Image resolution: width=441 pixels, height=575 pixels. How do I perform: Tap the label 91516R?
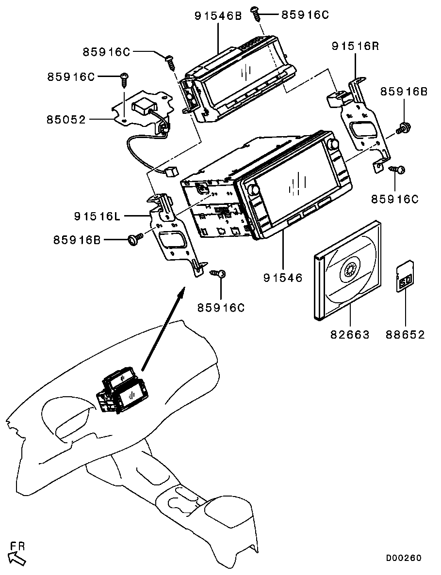(x=355, y=47)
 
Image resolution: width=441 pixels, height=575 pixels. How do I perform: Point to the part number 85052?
(x=66, y=119)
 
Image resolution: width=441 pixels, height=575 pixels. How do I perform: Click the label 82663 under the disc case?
(x=350, y=334)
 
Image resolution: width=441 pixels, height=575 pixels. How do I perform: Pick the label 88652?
(x=405, y=334)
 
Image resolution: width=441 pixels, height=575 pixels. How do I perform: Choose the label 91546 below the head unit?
(x=283, y=278)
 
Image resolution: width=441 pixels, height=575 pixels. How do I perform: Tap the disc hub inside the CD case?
(x=349, y=271)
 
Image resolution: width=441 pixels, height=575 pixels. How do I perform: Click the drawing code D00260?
(x=404, y=558)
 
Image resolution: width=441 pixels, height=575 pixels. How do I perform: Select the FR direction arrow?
(x=17, y=559)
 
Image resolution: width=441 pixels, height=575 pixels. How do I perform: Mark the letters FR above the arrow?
(x=17, y=546)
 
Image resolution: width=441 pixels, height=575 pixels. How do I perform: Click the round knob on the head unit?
(x=333, y=144)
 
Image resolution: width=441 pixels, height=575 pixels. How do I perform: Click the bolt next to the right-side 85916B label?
(x=402, y=129)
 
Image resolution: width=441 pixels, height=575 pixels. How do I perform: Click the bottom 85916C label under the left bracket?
(x=221, y=308)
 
